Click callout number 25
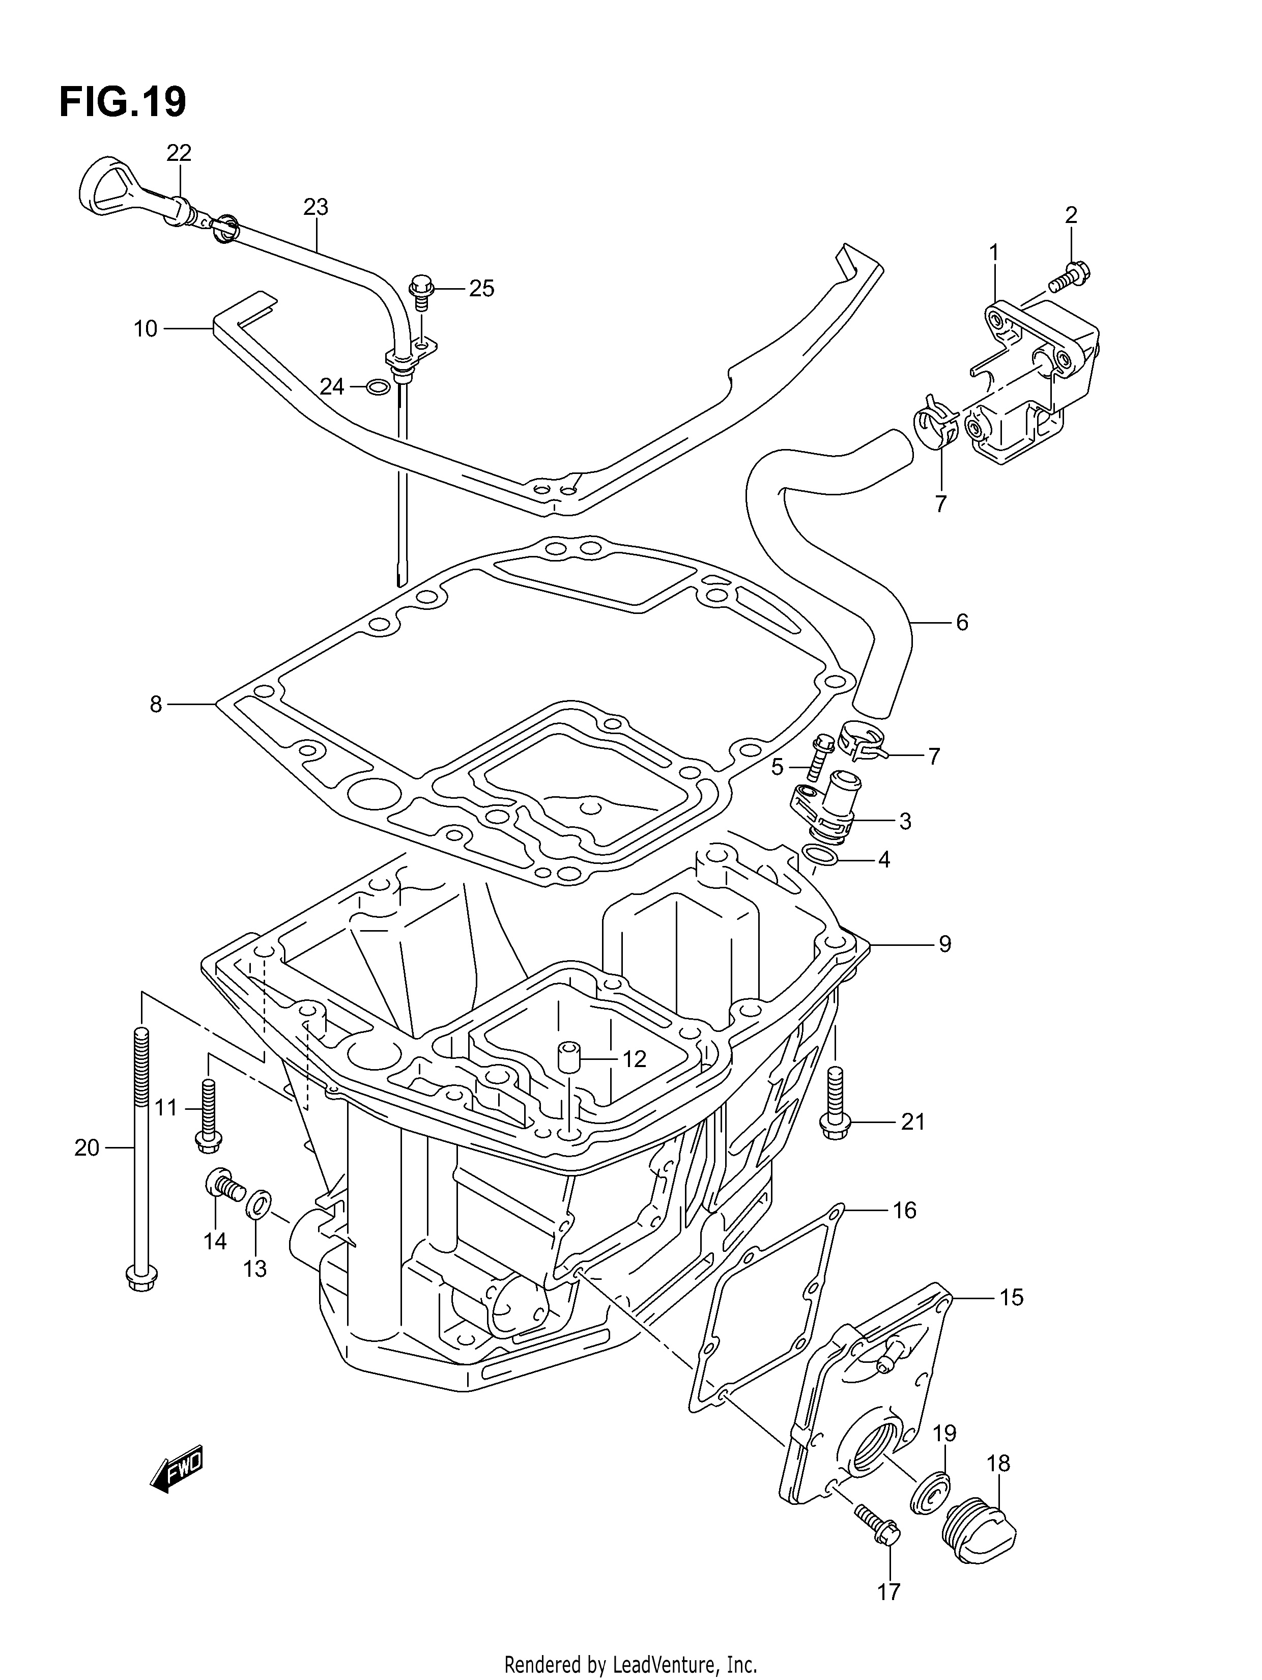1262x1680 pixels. [481, 289]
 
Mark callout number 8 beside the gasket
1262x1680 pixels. [156, 705]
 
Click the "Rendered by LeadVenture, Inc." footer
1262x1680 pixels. [631, 1660]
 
